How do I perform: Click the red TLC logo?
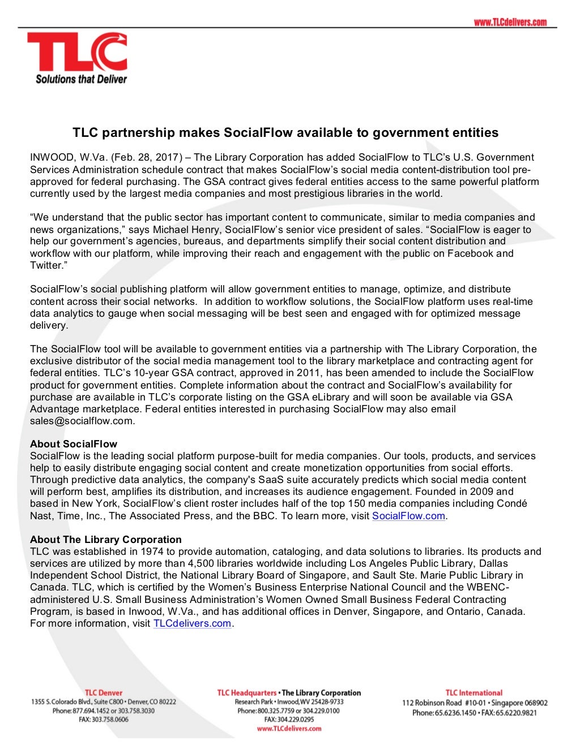coord(77,52)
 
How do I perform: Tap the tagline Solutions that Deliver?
coord(81,79)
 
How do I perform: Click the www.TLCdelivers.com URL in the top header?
coord(510,22)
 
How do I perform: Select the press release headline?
coord(285,133)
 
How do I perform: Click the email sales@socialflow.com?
coord(82,421)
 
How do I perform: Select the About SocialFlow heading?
coord(74,444)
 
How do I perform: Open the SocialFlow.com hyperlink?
coord(408,516)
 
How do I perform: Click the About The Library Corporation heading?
coord(106,540)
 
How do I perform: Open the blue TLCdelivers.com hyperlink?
coord(192,624)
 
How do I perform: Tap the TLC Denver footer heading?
coord(104,693)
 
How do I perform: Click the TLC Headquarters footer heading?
coord(247,693)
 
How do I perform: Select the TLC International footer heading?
coord(474,693)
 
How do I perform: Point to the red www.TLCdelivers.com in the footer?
coord(289,729)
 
